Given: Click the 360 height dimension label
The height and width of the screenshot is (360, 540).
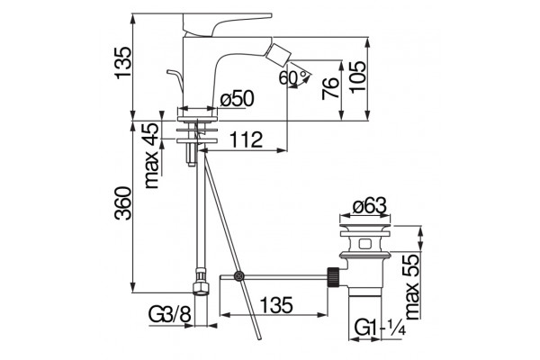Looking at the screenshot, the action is point(123,202).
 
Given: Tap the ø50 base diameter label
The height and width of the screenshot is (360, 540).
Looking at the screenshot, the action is point(237,99).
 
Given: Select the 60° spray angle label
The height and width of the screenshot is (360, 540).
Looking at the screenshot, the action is point(292,77).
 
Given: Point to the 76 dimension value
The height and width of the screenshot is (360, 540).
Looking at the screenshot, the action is point(330,88).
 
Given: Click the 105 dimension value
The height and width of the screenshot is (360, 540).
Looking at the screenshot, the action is point(357,76).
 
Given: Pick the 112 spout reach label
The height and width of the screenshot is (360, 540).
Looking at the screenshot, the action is point(246,139).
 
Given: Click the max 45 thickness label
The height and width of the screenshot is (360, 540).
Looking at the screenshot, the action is point(151,155).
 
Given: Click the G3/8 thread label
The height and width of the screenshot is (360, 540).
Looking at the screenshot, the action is point(169,314).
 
